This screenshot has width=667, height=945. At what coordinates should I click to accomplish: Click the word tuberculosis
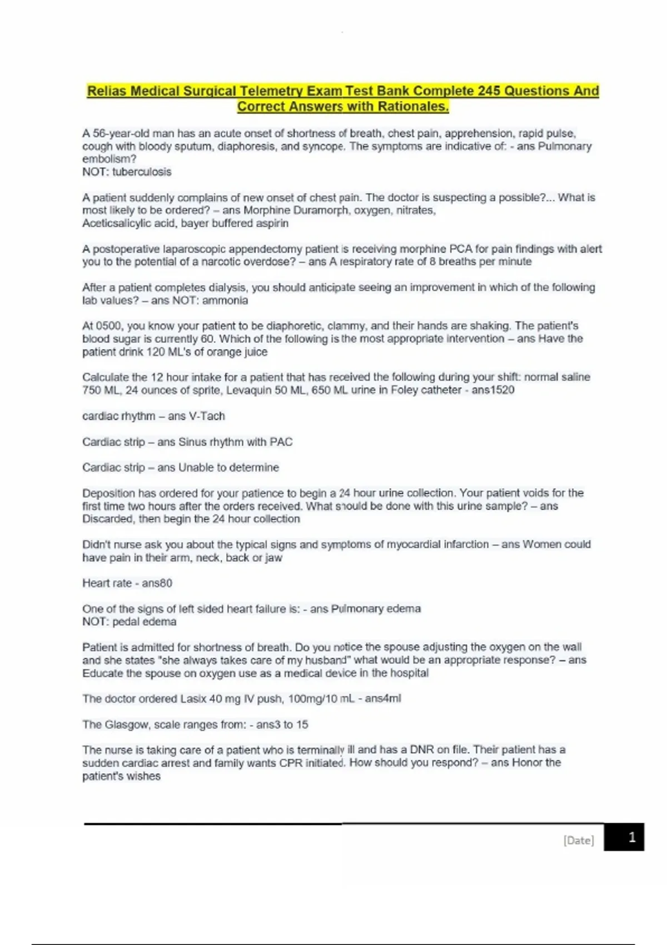(142, 172)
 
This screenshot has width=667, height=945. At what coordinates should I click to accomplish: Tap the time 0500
(109, 326)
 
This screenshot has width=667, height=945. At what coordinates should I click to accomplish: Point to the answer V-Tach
(207, 416)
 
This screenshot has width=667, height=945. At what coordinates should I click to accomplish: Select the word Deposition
(109, 493)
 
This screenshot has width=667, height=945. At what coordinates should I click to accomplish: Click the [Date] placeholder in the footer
(578, 840)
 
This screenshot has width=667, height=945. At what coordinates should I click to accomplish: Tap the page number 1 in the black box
(631, 837)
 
